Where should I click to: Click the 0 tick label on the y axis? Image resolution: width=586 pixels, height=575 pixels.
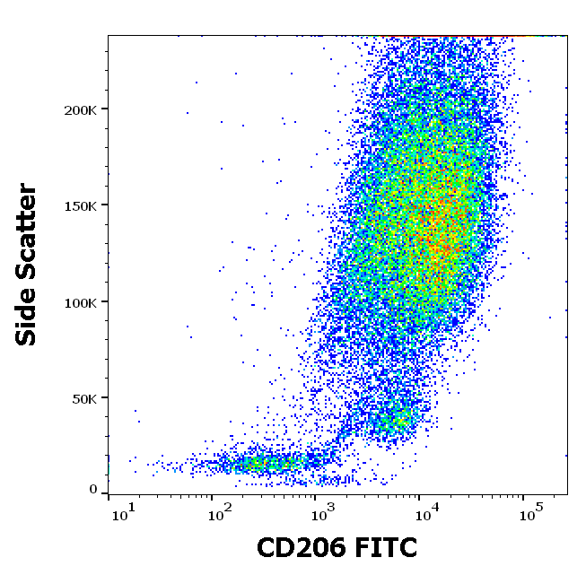tap(93, 490)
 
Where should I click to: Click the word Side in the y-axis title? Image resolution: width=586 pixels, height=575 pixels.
tap(27, 318)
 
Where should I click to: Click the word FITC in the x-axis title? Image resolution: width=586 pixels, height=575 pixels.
tap(387, 547)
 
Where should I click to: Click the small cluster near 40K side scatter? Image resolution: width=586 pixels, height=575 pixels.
tap(390, 419)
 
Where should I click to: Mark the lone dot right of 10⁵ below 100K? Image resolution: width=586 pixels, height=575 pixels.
tap(551, 317)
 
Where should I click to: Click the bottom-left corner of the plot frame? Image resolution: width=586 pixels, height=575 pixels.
tap(109, 494)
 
